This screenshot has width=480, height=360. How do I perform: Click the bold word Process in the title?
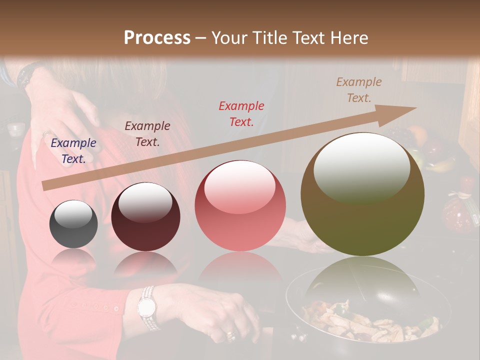pyautogui.click(x=157, y=38)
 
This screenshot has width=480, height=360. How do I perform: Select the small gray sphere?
pyautogui.click(x=73, y=224)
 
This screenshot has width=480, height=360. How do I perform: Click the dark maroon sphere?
pyautogui.click(x=145, y=217)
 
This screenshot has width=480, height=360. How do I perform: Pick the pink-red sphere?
pyautogui.click(x=240, y=205)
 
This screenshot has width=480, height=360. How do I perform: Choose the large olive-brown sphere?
pyautogui.click(x=362, y=194)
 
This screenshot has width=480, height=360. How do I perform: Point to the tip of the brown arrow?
pyautogui.click(x=415, y=107)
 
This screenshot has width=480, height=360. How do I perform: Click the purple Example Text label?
pyautogui.click(x=73, y=151)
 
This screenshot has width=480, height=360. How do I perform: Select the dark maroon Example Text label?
pyautogui.click(x=147, y=134)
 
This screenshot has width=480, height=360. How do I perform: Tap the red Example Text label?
pyautogui.click(x=241, y=113)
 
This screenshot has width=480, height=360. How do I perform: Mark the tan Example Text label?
pyautogui.click(x=358, y=90)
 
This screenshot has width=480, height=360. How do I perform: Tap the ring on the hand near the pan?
pyautogui.click(x=230, y=334)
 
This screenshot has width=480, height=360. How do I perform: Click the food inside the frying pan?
pyautogui.click(x=370, y=322)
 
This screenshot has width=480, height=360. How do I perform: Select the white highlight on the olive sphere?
pyautogui.click(x=361, y=167)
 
